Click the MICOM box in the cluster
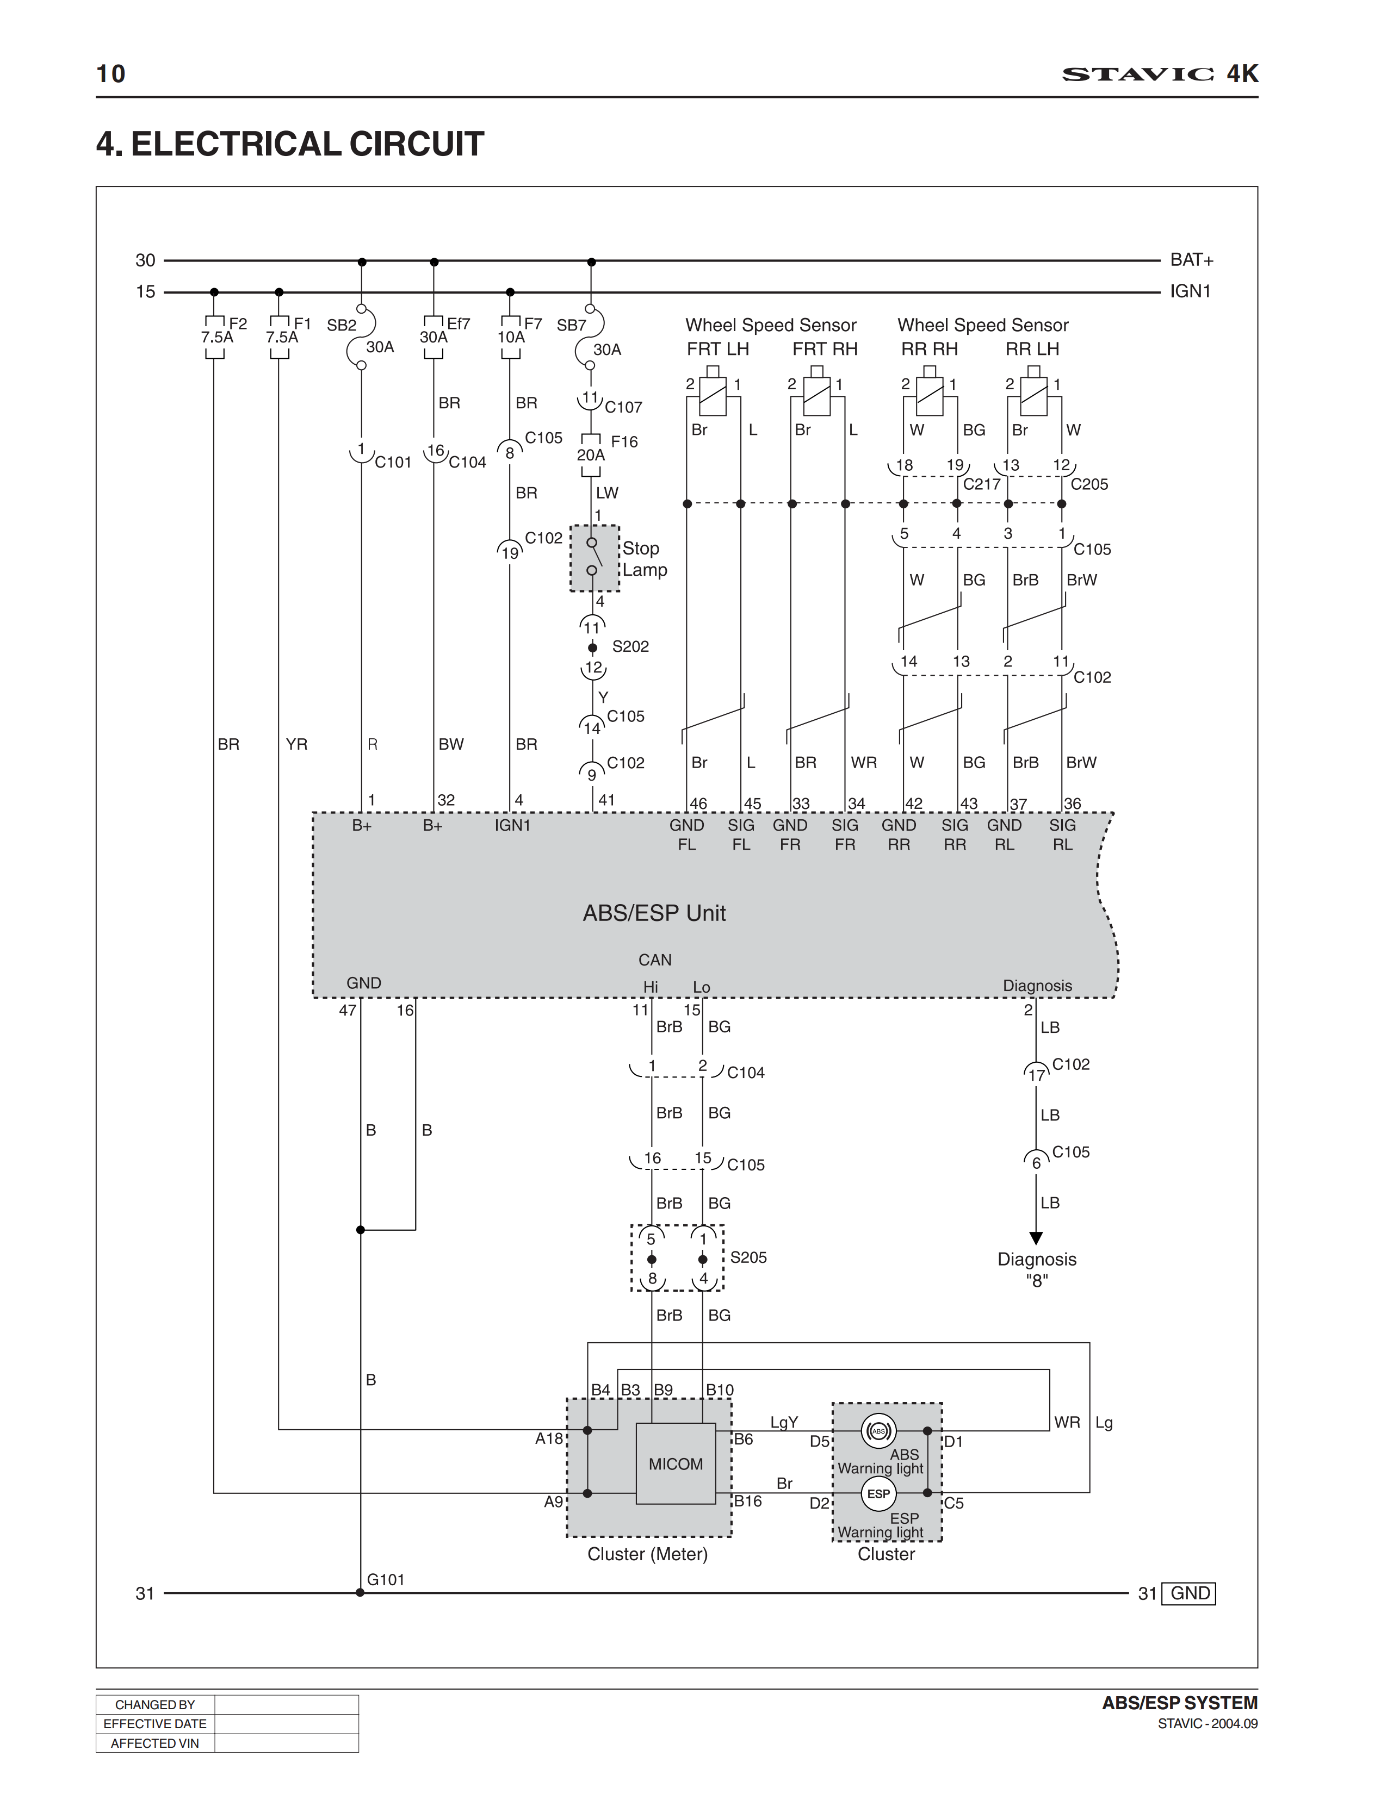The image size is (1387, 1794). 676,1464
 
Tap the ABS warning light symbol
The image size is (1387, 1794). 878,1431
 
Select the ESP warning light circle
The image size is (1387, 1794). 878,1493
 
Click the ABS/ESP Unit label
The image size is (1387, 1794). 654,913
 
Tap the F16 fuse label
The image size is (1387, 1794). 624,442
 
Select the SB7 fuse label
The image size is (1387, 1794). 571,325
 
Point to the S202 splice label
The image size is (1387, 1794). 630,646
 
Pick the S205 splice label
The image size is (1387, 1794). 748,1257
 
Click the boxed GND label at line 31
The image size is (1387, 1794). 1190,1593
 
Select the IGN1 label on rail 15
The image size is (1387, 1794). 1190,291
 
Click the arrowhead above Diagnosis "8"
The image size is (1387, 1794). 1036,1238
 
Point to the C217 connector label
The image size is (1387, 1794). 981,484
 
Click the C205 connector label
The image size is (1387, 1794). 1089,484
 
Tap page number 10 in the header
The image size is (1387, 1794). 111,74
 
